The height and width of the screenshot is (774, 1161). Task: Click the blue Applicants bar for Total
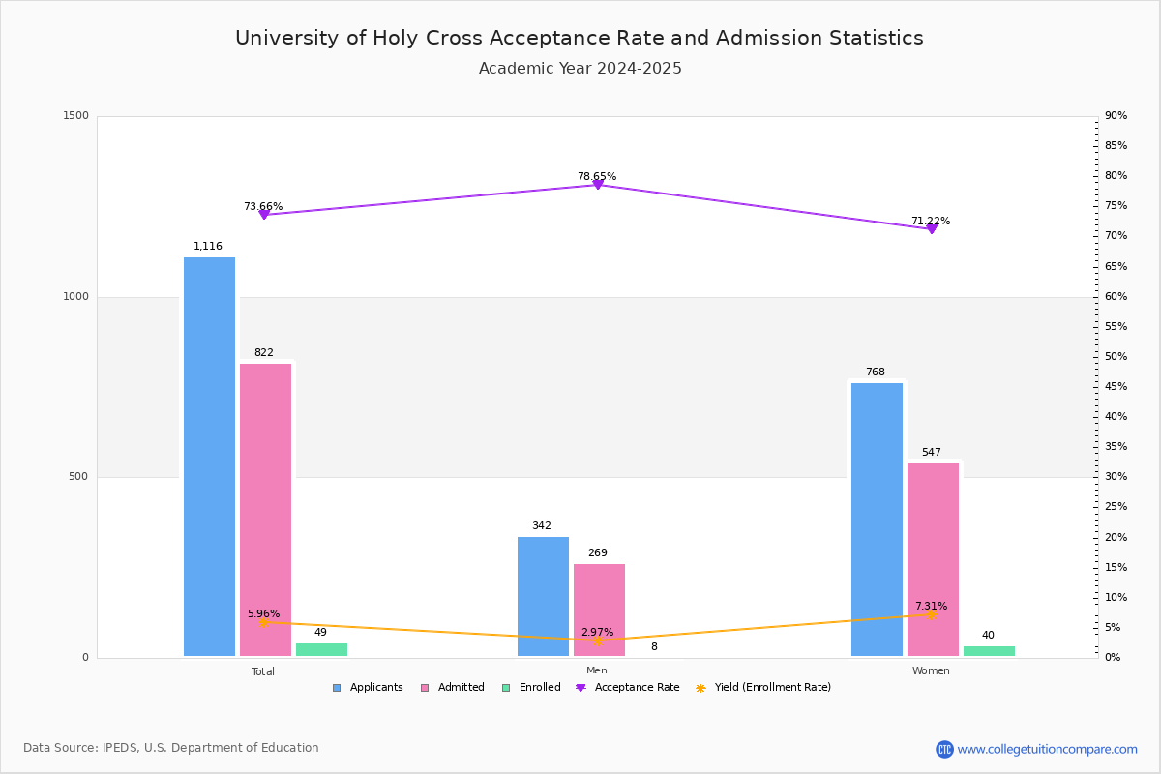point(209,457)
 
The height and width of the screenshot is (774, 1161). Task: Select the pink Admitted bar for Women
point(933,560)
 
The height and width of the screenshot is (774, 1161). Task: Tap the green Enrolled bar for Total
point(321,650)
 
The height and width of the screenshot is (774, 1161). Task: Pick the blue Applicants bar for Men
point(543,597)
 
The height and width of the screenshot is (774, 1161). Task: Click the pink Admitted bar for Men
point(599,610)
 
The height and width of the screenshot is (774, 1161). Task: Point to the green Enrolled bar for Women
point(989,651)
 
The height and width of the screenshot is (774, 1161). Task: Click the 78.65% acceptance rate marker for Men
point(598,184)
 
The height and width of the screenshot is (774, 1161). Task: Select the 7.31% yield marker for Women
point(932,614)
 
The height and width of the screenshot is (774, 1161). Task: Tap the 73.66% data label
point(263,206)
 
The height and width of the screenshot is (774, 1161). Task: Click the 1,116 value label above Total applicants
point(208,247)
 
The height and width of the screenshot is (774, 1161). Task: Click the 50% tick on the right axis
point(1116,357)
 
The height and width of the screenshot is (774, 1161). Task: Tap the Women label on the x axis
point(931,671)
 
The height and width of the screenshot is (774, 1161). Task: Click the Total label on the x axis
point(263,671)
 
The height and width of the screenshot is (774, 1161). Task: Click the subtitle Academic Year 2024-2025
point(580,69)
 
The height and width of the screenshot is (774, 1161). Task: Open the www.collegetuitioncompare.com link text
point(1047,749)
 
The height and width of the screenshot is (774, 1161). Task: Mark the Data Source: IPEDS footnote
point(171,748)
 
